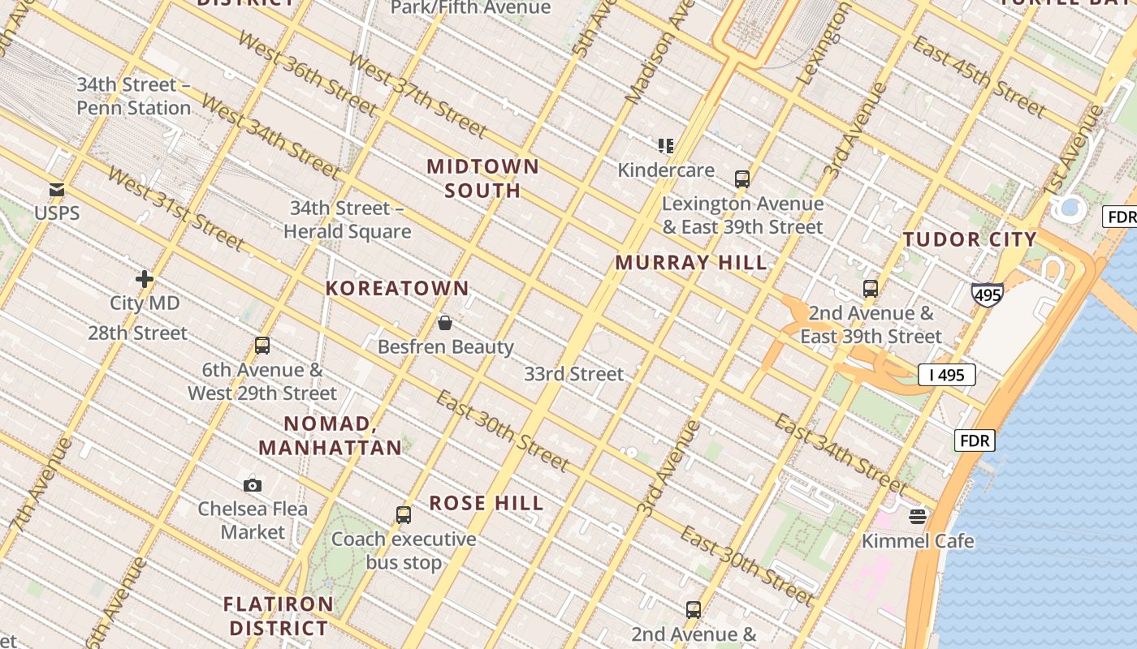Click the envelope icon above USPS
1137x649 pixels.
click(57, 190)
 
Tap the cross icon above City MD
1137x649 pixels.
click(145, 279)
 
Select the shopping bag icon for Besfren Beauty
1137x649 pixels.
click(445, 323)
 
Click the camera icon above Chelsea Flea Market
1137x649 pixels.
click(253, 485)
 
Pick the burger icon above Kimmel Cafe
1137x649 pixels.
click(918, 517)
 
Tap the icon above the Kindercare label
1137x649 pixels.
click(666, 146)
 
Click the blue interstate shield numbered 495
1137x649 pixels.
click(987, 294)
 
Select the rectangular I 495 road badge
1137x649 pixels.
click(946, 375)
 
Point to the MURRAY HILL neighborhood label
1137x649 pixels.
click(691, 263)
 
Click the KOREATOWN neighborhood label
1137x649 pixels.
click(397, 288)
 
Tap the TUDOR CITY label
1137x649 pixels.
click(970, 239)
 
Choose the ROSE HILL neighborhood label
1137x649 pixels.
click(486, 503)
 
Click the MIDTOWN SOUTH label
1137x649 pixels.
click(483, 178)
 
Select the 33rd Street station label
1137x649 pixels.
click(573, 374)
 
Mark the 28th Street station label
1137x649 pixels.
click(137, 333)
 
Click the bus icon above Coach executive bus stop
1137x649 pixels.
click(404, 514)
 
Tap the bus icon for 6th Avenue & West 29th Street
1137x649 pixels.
click(262, 346)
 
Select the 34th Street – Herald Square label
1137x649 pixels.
click(347, 220)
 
